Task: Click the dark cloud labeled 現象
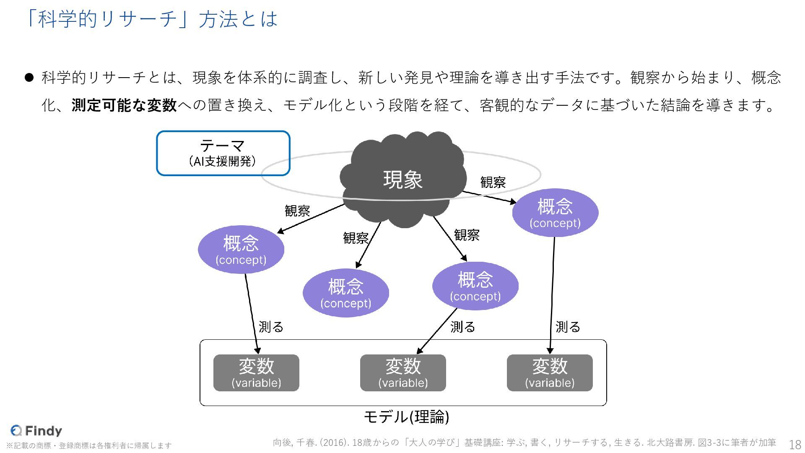click(402, 180)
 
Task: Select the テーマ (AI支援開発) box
click(223, 153)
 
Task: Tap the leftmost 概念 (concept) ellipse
click(241, 250)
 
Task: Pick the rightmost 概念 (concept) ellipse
click(555, 213)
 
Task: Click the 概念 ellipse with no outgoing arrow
click(346, 293)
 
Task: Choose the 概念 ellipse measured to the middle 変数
click(475, 286)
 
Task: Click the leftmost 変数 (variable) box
click(256, 373)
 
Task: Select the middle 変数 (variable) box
click(403, 373)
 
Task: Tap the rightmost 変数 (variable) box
click(550, 373)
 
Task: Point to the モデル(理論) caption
click(406, 417)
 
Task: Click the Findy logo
click(36, 430)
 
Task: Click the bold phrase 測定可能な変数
click(124, 105)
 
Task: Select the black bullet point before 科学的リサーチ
click(29, 78)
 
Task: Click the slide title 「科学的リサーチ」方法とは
click(151, 19)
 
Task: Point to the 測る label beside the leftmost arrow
click(271, 327)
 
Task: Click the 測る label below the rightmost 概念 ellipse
click(568, 327)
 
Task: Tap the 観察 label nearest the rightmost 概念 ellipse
click(493, 182)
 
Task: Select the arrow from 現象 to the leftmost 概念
click(310, 218)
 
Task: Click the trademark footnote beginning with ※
click(89, 445)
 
